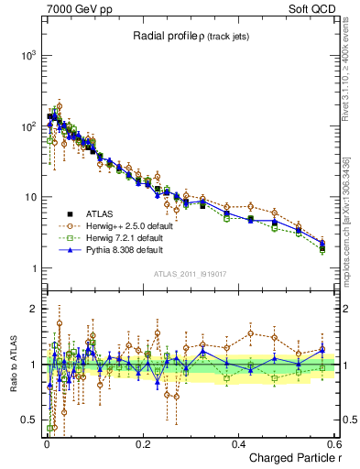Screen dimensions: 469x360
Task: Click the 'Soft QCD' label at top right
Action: click(x=316, y=8)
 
